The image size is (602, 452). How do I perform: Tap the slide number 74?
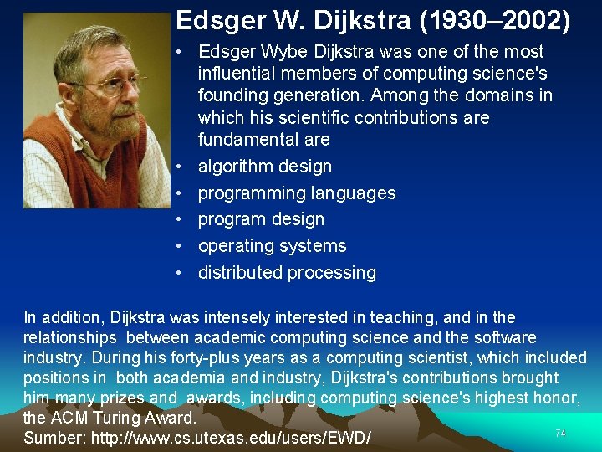[x=560, y=433]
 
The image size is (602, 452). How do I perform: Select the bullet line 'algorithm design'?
[x=264, y=166]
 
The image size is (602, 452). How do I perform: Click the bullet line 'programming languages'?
[x=297, y=193]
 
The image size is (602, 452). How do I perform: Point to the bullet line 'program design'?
[x=261, y=219]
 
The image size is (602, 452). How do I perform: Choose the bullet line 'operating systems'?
[x=272, y=246]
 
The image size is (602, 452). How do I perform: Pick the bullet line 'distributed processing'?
[x=287, y=273]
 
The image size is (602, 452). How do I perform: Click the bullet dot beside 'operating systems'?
[x=180, y=246]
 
